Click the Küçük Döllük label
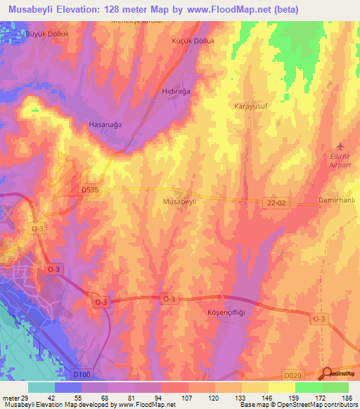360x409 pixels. pyautogui.click(x=192, y=41)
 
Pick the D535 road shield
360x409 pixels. pyautogui.click(x=89, y=189)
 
